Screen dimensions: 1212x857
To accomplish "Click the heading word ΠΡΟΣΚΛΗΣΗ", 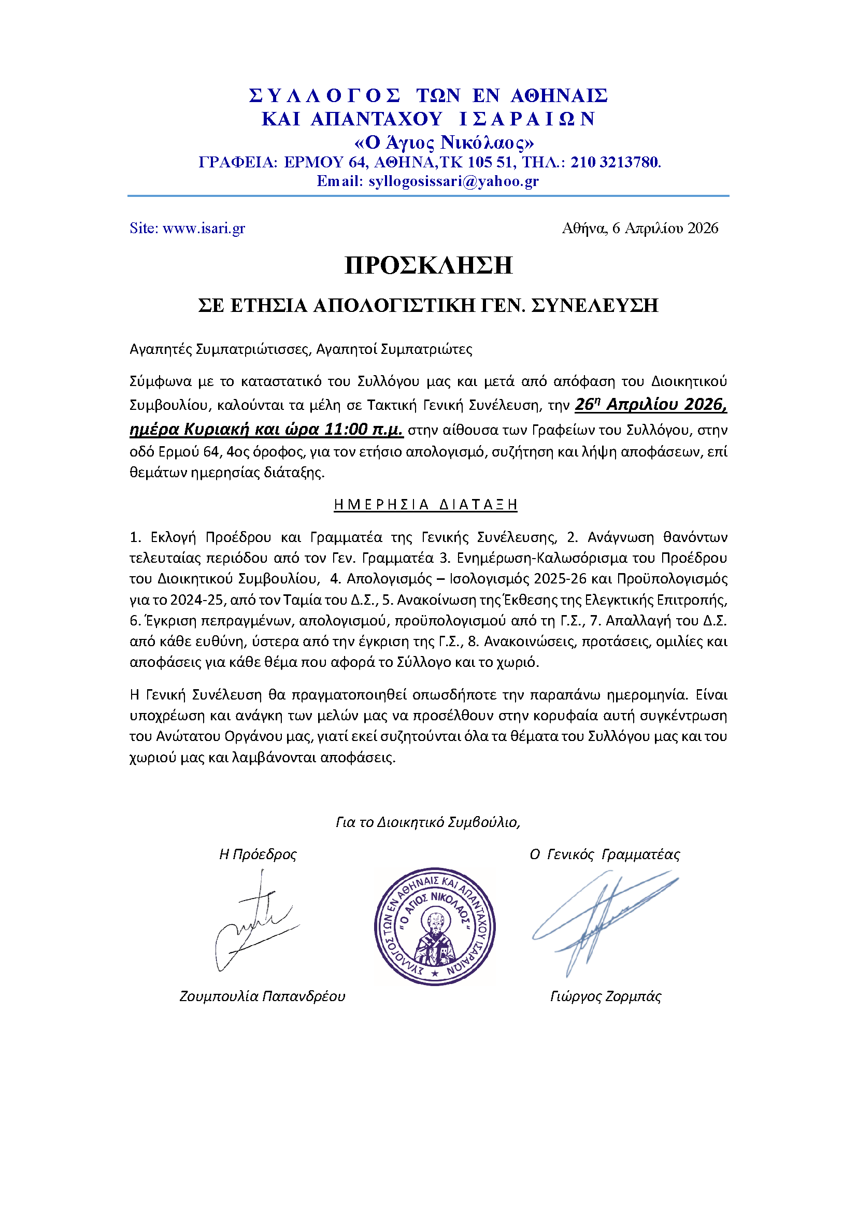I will click(428, 265).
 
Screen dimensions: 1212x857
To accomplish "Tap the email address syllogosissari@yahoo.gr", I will click(453, 181).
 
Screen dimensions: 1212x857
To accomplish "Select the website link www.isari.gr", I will click(204, 228).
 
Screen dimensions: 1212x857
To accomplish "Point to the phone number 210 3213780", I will click(615, 162).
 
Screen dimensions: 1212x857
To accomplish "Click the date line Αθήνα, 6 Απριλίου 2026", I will click(639, 228).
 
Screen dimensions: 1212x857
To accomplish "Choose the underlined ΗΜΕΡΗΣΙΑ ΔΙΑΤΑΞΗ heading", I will click(425, 505).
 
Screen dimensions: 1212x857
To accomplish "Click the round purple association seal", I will click(434, 926).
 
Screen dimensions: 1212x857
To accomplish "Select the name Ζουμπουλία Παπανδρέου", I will click(262, 996).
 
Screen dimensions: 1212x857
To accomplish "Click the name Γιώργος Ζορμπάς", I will click(605, 996).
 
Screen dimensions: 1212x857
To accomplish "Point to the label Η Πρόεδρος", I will click(258, 854).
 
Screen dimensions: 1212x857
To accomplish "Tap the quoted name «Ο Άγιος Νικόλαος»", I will click(444, 142).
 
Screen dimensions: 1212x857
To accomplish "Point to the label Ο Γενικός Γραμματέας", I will click(605, 854).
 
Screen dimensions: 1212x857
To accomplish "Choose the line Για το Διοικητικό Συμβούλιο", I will click(428, 822).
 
